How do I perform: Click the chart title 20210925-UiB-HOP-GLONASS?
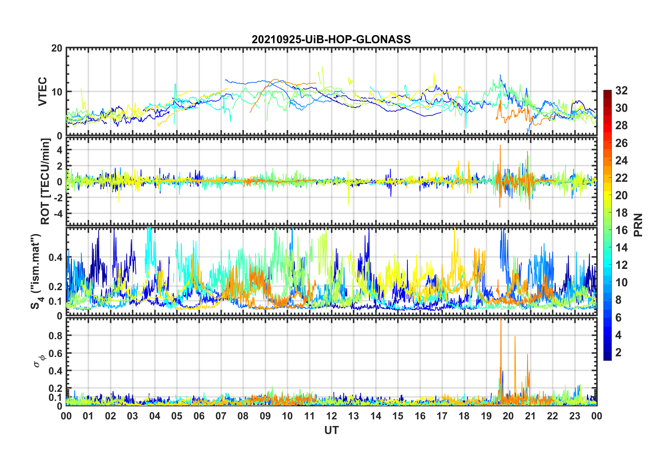tap(331, 39)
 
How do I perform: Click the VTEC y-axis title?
tap(43, 92)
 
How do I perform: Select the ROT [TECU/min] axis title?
tap(45, 181)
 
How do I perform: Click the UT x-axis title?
tap(331, 430)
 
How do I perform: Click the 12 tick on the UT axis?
tap(331, 416)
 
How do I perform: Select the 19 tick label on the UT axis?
tap(486, 416)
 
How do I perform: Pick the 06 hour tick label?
tap(199, 416)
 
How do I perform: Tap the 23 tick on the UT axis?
tap(575, 416)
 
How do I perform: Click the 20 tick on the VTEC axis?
tap(57, 48)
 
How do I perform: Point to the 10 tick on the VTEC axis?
tap(57, 92)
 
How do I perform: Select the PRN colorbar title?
tap(638, 225)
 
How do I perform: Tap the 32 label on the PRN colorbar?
tap(622, 91)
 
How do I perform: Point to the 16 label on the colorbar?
tap(622, 230)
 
